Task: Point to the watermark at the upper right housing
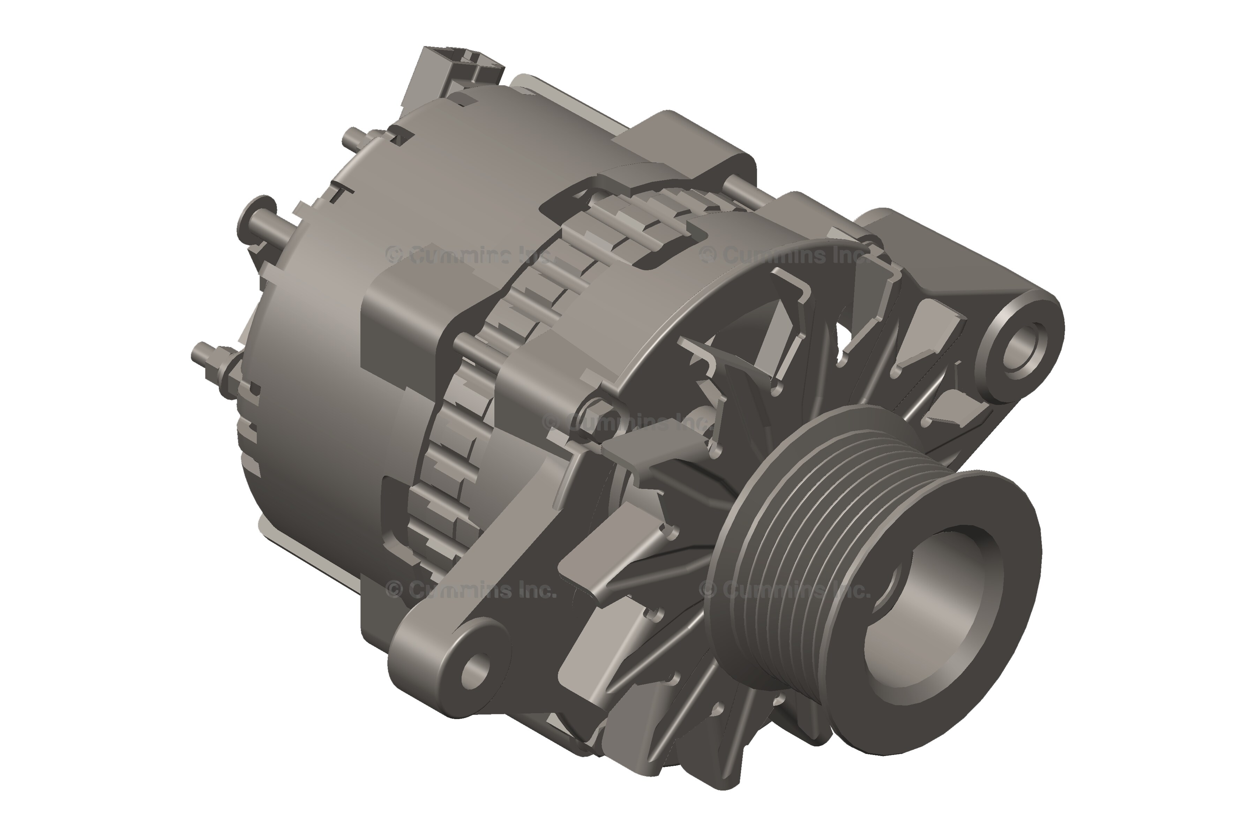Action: click(x=785, y=255)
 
